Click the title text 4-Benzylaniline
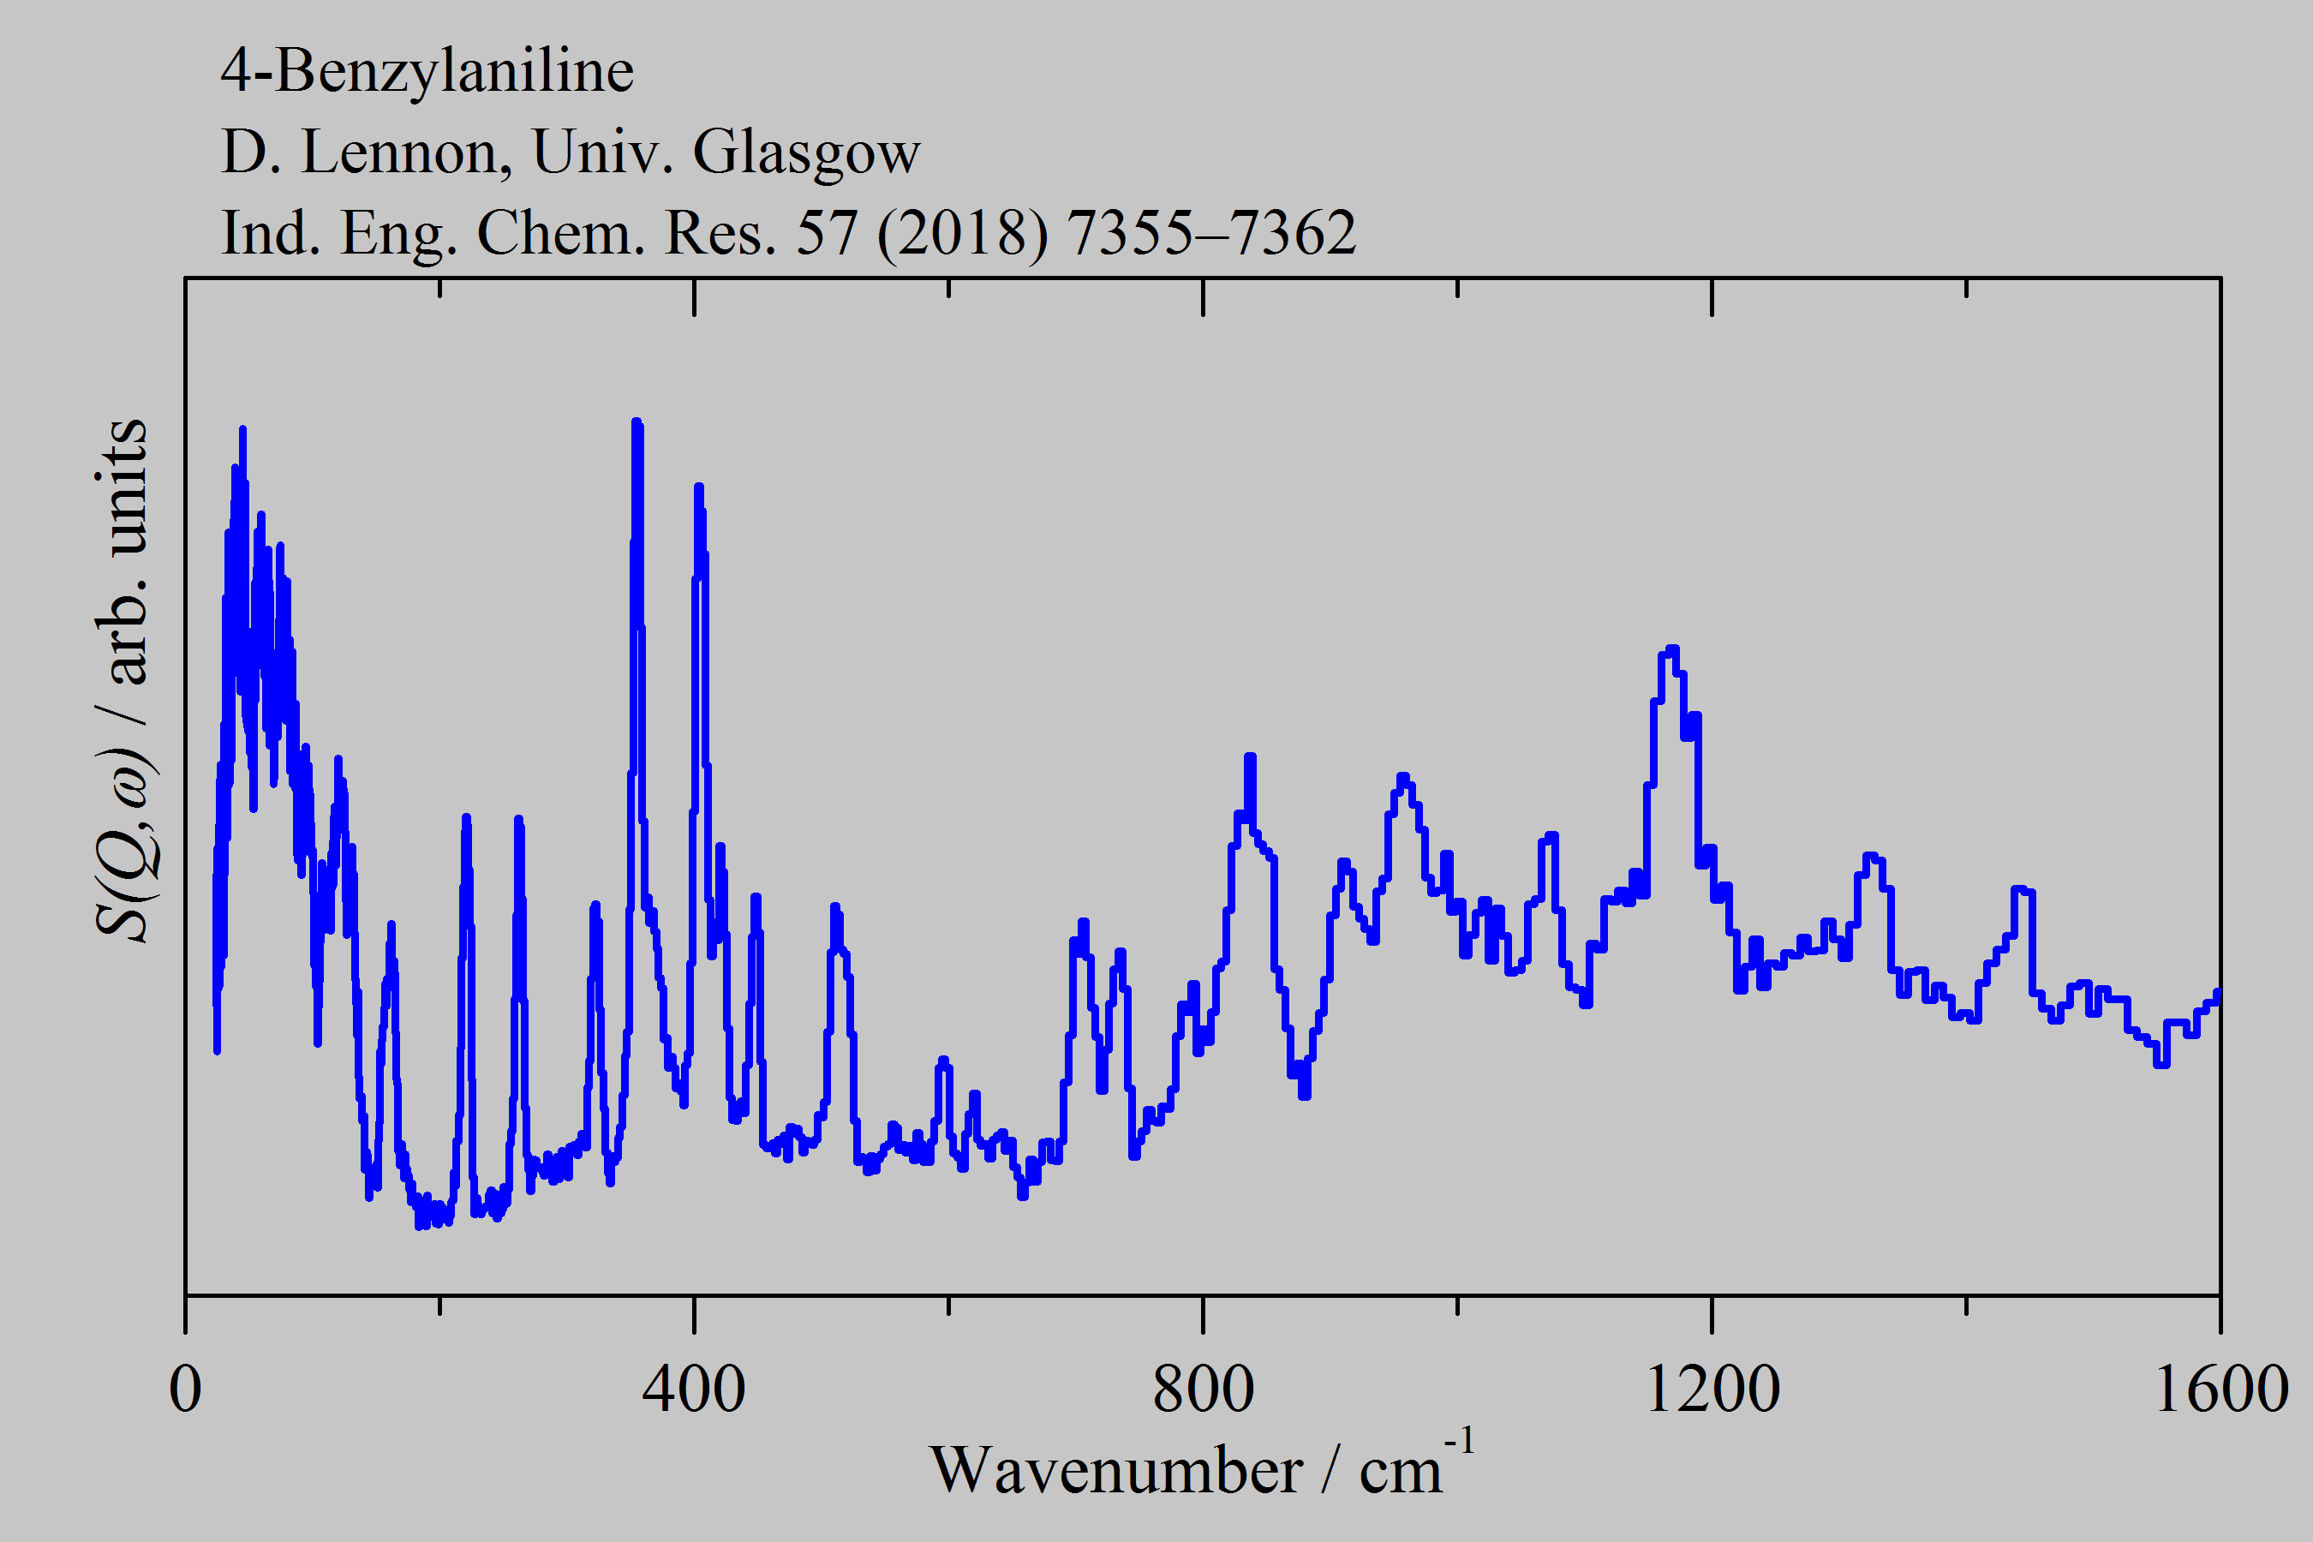(427, 71)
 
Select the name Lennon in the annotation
(406, 152)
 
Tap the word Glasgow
(805, 152)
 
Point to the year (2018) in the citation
(962, 234)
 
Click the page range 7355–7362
(1210, 234)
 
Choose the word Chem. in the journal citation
(559, 234)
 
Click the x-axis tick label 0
(185, 1389)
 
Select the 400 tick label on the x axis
(693, 1389)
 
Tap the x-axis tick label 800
(1203, 1389)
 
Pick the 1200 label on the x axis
(1711, 1389)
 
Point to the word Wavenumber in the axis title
(1115, 1471)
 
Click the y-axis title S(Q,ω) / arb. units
(123, 678)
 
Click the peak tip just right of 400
(698, 487)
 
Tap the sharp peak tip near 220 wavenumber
(466, 817)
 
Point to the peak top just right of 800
(1250, 756)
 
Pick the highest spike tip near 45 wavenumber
(242, 430)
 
